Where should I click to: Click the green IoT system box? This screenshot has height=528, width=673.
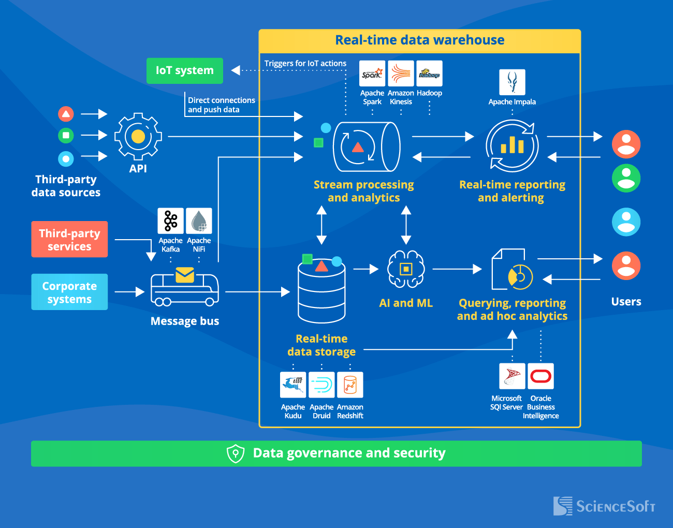(x=185, y=70)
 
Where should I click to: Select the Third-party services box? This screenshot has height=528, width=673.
(x=69, y=239)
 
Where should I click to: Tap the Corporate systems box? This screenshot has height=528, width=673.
(x=69, y=292)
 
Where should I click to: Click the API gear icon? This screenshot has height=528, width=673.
(x=138, y=136)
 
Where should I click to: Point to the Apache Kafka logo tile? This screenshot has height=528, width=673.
(x=170, y=221)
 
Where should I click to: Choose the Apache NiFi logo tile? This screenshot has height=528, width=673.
(x=199, y=221)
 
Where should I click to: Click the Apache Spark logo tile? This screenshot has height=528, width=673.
(x=372, y=74)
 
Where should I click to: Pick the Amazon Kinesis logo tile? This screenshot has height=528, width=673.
(x=401, y=74)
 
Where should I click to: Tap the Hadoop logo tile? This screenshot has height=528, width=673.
(x=429, y=74)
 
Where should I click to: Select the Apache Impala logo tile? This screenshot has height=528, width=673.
(x=512, y=82)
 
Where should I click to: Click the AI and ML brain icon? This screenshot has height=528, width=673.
(x=406, y=269)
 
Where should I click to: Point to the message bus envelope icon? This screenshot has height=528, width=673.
(x=185, y=275)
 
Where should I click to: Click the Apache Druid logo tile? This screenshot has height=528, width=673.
(x=321, y=385)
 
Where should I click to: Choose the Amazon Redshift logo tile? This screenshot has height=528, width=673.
(x=350, y=385)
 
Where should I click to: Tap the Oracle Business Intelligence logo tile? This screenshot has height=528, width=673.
(x=540, y=376)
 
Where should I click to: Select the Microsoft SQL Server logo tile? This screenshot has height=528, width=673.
(x=512, y=376)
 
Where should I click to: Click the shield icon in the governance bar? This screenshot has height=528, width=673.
(x=236, y=453)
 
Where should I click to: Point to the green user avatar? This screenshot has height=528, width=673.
(x=626, y=179)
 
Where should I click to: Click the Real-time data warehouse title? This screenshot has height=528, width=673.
(x=420, y=40)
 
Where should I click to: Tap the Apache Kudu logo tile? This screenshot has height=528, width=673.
(x=293, y=385)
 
